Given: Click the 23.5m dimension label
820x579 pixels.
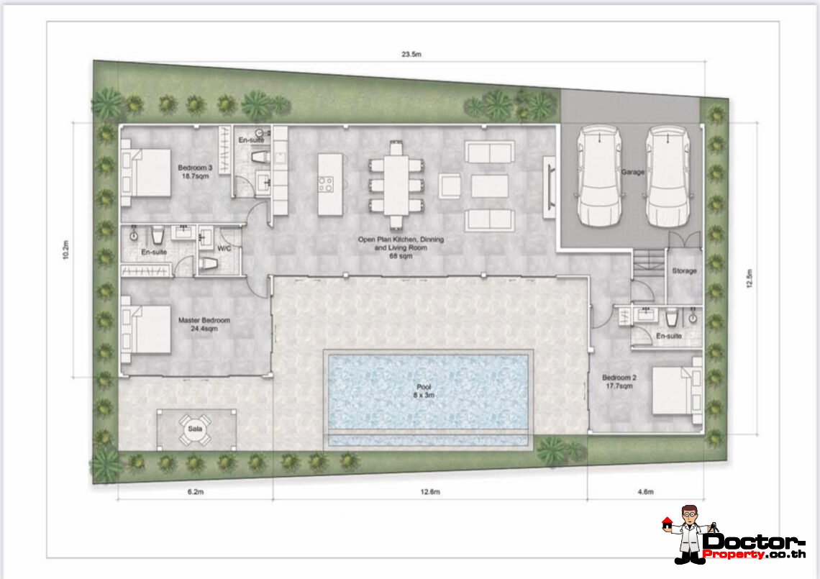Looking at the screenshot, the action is (x=411, y=55).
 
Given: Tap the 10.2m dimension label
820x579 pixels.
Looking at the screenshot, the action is (x=66, y=250).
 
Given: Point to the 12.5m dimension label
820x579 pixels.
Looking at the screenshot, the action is (x=750, y=278).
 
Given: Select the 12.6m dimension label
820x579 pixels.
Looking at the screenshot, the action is (x=430, y=492).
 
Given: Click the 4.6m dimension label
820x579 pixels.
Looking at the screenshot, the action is (x=645, y=492).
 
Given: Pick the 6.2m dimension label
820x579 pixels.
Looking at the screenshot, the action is (x=195, y=492).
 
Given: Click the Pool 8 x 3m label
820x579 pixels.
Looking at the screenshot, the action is (x=424, y=391).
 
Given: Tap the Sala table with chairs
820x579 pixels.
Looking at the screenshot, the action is (x=195, y=429).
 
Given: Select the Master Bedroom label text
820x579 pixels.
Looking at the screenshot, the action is (x=204, y=320).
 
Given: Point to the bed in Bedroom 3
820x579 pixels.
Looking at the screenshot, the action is (x=146, y=173).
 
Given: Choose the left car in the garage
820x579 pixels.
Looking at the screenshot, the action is (x=598, y=176).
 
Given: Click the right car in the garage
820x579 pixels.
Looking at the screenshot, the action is (x=668, y=176).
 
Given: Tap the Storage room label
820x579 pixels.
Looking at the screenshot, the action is (x=684, y=271).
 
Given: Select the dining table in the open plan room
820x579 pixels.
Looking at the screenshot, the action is (x=396, y=185).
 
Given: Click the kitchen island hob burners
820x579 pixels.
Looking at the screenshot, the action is (x=326, y=184).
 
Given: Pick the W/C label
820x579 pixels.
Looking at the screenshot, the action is (x=224, y=248).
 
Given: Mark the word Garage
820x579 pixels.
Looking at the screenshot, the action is (x=633, y=172).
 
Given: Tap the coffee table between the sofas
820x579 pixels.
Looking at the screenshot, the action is (x=490, y=186).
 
